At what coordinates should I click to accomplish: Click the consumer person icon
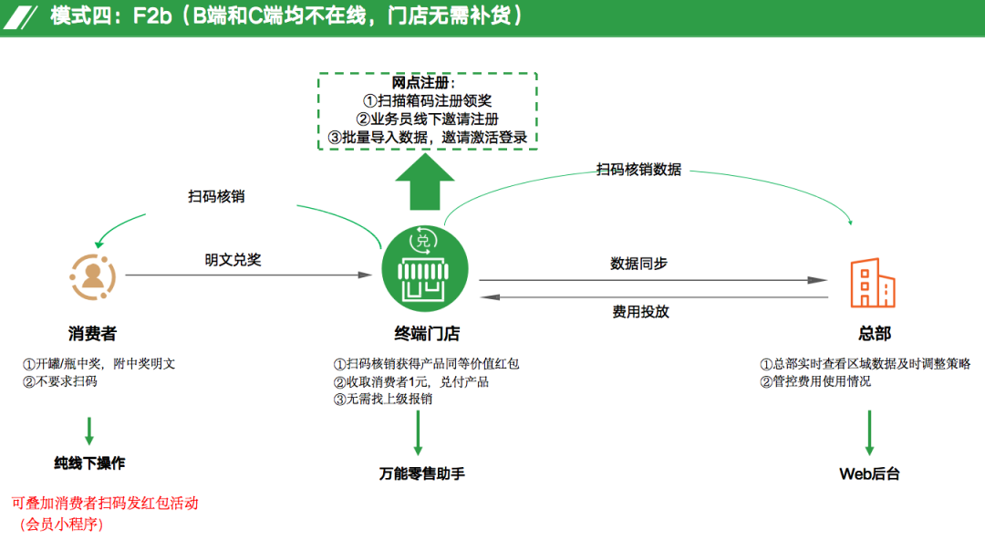pyautogui.click(x=92, y=276)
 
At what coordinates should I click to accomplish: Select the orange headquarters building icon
pyautogui.click(x=872, y=283)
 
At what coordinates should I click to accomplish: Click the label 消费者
pyautogui.click(x=91, y=334)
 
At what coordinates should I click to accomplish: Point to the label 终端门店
pyautogui.click(x=420, y=334)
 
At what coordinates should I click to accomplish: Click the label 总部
pyautogui.click(x=874, y=334)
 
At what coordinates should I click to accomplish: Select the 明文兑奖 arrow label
pyautogui.click(x=233, y=260)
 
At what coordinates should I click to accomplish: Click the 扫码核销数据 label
pyautogui.click(x=638, y=170)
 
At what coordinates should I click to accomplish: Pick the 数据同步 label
pyautogui.click(x=638, y=264)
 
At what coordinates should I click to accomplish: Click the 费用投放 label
pyautogui.click(x=641, y=311)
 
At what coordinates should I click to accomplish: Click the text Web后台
pyautogui.click(x=869, y=473)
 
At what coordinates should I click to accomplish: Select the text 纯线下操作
pyautogui.click(x=89, y=463)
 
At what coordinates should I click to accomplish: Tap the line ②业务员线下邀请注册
pyautogui.click(x=428, y=120)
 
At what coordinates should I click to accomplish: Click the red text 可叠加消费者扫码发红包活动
pyautogui.click(x=104, y=503)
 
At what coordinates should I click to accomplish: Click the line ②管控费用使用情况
pyautogui.click(x=815, y=381)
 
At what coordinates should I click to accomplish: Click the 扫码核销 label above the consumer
pyautogui.click(x=216, y=196)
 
